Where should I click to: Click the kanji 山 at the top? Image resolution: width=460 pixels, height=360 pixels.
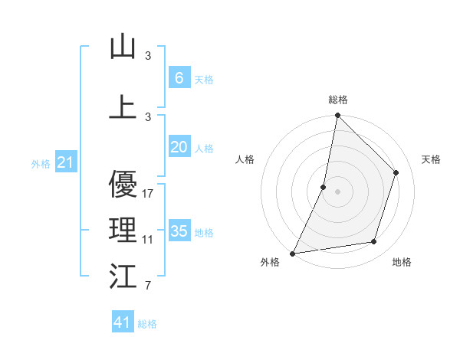pyautogui.click(x=123, y=47)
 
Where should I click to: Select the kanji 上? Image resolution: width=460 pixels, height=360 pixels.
pyautogui.click(x=123, y=106)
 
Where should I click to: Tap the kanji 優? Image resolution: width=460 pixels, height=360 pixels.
pyautogui.click(x=123, y=185)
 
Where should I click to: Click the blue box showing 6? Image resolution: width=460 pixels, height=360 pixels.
pyautogui.click(x=179, y=78)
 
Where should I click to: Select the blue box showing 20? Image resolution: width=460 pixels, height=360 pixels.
pyautogui.click(x=179, y=148)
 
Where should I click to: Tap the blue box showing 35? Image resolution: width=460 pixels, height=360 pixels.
pyautogui.click(x=179, y=231)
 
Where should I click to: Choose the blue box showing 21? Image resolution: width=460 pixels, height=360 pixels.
pyautogui.click(x=66, y=162)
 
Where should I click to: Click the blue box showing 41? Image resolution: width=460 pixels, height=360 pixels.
pyautogui.click(x=123, y=322)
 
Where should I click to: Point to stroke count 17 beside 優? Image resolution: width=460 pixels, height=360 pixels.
pyautogui.click(x=148, y=194)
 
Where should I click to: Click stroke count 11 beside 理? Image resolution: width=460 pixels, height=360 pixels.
pyautogui.click(x=148, y=240)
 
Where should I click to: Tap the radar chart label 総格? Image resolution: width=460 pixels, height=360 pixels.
pyautogui.click(x=337, y=100)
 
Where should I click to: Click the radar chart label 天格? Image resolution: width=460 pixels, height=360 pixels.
pyautogui.click(x=431, y=159)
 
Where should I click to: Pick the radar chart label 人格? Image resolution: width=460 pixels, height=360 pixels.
pyautogui.click(x=245, y=159)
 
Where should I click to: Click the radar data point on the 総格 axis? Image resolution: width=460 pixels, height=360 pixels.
pyautogui.click(x=337, y=115)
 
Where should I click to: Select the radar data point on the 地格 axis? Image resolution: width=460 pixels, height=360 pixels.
pyautogui.click(x=374, y=242)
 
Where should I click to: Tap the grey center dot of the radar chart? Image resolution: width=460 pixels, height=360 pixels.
pyautogui.click(x=337, y=191)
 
